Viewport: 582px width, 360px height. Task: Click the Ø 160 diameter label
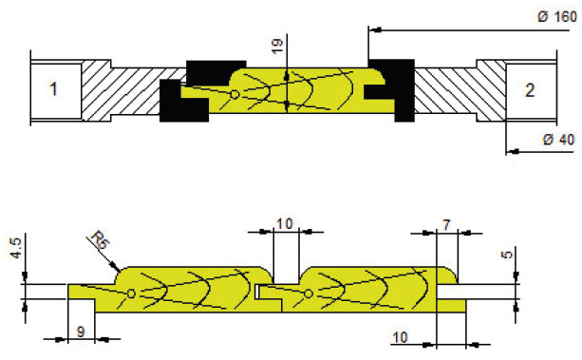pyautogui.click(x=557, y=16)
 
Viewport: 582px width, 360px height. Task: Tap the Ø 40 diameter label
pyautogui.click(x=558, y=140)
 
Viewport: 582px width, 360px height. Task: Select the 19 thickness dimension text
pyautogui.click(x=277, y=47)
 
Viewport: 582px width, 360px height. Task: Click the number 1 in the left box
pyautogui.click(x=54, y=89)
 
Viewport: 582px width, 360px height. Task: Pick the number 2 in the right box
pyautogui.click(x=530, y=90)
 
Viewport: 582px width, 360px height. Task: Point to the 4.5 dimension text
pyautogui.click(x=16, y=248)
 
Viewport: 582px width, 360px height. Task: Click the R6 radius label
pyautogui.click(x=101, y=240)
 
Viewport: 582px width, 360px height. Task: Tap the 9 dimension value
pyautogui.click(x=81, y=332)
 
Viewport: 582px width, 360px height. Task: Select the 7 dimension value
pyautogui.click(x=446, y=225)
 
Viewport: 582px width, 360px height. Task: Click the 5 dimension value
pyautogui.click(x=507, y=255)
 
